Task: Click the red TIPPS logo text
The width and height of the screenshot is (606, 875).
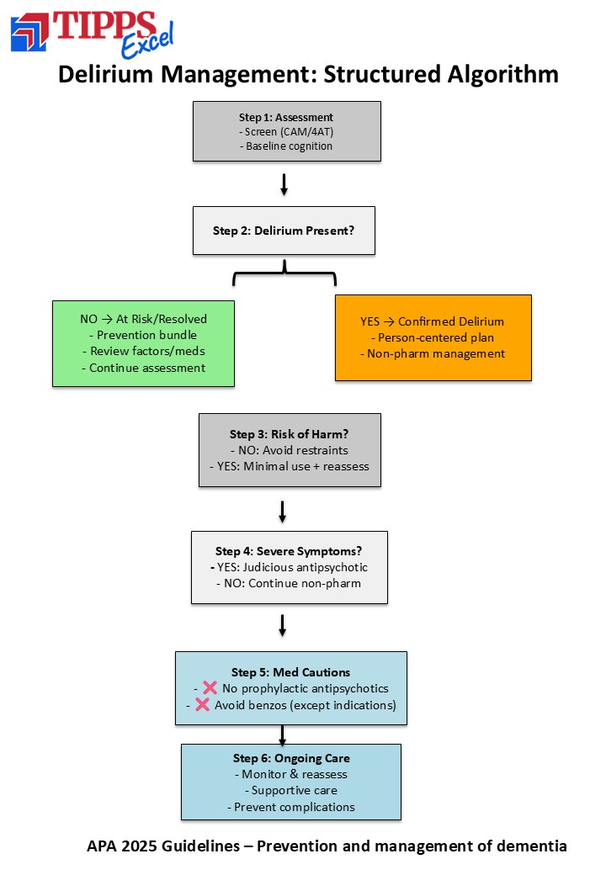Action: pyautogui.click(x=104, y=26)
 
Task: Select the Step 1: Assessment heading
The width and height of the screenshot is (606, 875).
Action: pyautogui.click(x=285, y=117)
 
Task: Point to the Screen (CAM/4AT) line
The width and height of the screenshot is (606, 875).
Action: pyautogui.click(x=285, y=132)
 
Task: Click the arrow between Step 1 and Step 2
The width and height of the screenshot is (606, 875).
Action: pyautogui.click(x=284, y=185)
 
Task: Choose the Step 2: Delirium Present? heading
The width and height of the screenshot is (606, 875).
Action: pyautogui.click(x=284, y=231)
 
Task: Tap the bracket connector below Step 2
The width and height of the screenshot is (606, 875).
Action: pyautogui.click(x=284, y=273)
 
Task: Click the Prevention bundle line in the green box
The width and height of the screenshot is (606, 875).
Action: pyautogui.click(x=143, y=335)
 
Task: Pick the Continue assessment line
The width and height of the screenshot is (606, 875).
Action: pyautogui.click(x=143, y=368)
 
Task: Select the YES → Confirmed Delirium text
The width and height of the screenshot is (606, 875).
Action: pyautogui.click(x=432, y=321)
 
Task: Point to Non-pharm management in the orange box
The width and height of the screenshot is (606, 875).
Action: pyautogui.click(x=433, y=354)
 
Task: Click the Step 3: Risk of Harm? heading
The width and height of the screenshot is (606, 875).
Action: pyautogui.click(x=289, y=434)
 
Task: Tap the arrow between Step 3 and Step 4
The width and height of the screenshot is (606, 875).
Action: pyautogui.click(x=282, y=512)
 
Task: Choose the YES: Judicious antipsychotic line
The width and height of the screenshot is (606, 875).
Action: pyautogui.click(x=289, y=568)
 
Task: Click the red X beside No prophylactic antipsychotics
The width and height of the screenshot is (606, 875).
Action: pyautogui.click(x=210, y=687)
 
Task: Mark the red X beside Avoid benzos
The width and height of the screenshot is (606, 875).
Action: pyautogui.click(x=202, y=704)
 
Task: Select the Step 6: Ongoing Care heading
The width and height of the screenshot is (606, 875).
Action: pyautogui.click(x=291, y=758)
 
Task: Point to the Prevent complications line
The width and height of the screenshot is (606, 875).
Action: pyautogui.click(x=290, y=807)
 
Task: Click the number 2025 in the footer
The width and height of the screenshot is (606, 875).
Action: pyautogui.click(x=140, y=846)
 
